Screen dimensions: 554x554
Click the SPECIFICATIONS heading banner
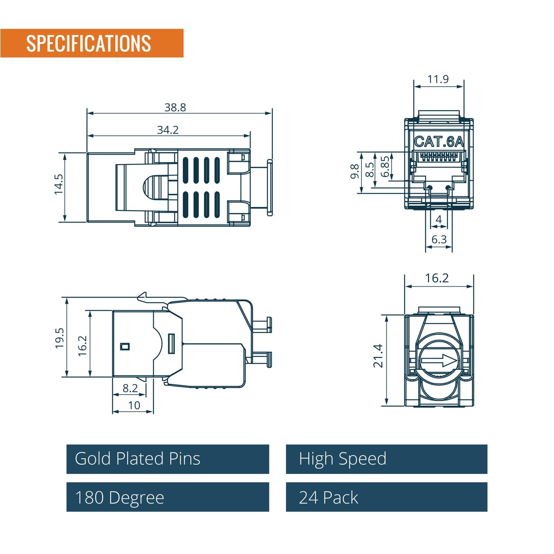92,43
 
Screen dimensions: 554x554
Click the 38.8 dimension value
175,107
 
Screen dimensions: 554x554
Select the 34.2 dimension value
168,130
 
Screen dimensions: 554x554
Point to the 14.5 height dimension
59,184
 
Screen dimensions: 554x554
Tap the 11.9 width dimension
438,79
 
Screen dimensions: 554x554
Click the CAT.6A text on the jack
439,141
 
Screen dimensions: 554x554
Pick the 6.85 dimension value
385,167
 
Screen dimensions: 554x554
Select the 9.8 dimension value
355,171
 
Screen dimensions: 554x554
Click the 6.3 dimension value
439,239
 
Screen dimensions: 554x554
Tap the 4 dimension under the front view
439,219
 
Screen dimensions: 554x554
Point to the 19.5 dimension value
60,338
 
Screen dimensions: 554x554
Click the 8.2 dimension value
130,388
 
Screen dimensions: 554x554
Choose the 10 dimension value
134,405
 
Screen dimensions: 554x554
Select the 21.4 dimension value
378,356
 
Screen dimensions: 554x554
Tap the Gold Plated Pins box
168,459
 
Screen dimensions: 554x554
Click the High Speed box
386,459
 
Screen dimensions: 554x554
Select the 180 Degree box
168,497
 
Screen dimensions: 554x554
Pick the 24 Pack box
386,497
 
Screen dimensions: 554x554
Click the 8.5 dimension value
370,170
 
